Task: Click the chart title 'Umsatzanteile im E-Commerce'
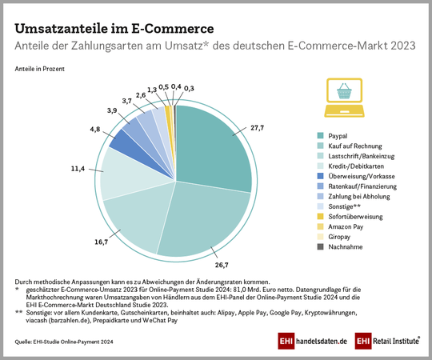pyautogui.click(x=114, y=29)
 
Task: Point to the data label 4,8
pyautogui.click(x=94, y=129)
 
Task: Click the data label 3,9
pyautogui.click(x=112, y=110)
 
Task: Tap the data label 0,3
pyautogui.click(x=189, y=88)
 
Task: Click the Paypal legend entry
pyautogui.click(x=342, y=137)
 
